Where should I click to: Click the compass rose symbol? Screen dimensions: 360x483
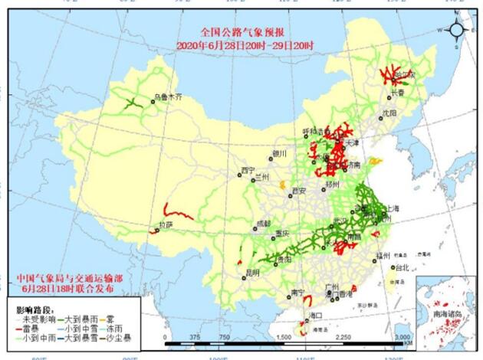(x=456, y=30)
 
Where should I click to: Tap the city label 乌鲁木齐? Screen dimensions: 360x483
(x=169, y=97)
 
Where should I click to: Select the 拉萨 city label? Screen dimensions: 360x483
(x=166, y=225)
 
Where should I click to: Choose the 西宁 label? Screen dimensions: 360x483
(x=247, y=170)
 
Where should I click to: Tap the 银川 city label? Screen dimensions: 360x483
(x=278, y=154)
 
